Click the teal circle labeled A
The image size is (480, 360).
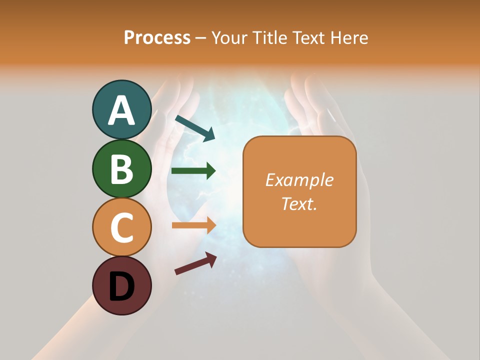pyautogui.click(x=121, y=110)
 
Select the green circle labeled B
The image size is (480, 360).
pyautogui.click(x=121, y=168)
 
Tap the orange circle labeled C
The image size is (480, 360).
pyautogui.click(x=121, y=227)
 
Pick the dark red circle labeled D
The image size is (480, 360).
pyautogui.click(x=121, y=285)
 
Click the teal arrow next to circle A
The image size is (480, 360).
pyautogui.click(x=194, y=128)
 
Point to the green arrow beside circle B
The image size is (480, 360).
pyautogui.click(x=193, y=171)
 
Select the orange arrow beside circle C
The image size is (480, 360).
pyautogui.click(x=193, y=225)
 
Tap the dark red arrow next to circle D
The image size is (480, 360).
pyautogui.click(x=195, y=263)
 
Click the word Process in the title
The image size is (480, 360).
pyautogui.click(x=157, y=37)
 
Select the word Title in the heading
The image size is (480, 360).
pyautogui.click(x=269, y=37)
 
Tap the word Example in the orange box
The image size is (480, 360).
pyautogui.click(x=299, y=180)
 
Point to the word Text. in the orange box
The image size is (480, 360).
pyautogui.click(x=299, y=203)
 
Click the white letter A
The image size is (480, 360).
pyautogui.click(x=121, y=111)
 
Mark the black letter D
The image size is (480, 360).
pyautogui.click(x=121, y=286)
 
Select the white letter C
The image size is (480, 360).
pyautogui.click(x=121, y=228)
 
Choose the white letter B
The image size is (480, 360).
pyautogui.click(x=121, y=169)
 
